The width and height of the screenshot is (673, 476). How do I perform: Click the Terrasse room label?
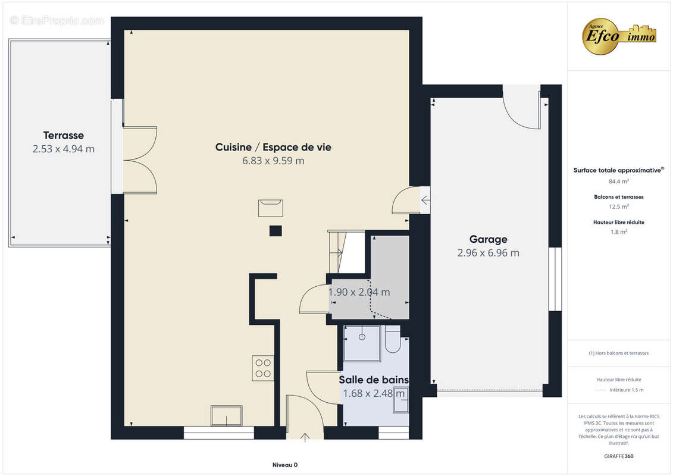coord(63,135)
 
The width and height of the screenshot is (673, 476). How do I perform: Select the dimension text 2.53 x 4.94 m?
coord(63,149)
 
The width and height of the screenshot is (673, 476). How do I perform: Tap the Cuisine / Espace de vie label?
coord(273,147)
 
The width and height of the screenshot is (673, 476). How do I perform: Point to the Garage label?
coord(488,239)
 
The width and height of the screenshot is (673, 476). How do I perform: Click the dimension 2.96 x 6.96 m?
coord(488,253)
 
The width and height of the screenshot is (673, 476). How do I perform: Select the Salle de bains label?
coord(374,380)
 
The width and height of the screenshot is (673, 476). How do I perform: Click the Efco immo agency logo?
coord(619,36)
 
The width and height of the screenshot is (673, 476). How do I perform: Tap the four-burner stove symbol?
coord(262,368)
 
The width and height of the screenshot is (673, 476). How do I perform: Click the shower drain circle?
coord(361,337)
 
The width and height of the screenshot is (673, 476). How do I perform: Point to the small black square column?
coord(276,231)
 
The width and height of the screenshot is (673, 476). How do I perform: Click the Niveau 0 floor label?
coord(284,465)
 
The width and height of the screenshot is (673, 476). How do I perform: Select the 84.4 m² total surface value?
coord(619,181)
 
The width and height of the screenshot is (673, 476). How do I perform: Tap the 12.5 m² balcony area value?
coord(619,207)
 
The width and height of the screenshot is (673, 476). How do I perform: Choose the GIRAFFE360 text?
coord(619,456)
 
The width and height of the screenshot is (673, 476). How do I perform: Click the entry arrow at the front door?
coord(305,437)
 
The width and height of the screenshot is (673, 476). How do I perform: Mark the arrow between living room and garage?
coord(425,201)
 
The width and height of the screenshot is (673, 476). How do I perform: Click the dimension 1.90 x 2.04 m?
coord(359,292)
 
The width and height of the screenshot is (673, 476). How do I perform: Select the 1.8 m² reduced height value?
coord(619,232)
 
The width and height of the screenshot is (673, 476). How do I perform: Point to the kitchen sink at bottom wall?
coord(227,415)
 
